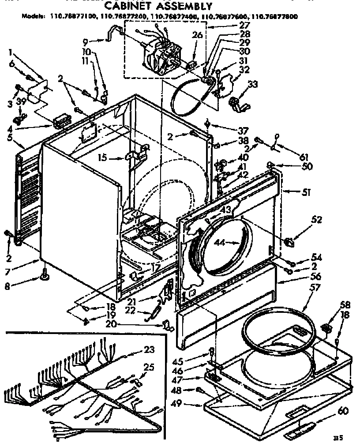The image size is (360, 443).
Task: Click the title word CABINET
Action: (x=127, y=6)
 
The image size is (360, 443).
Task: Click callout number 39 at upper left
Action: (x=20, y=102)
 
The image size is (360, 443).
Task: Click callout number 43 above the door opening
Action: (x=226, y=210)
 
